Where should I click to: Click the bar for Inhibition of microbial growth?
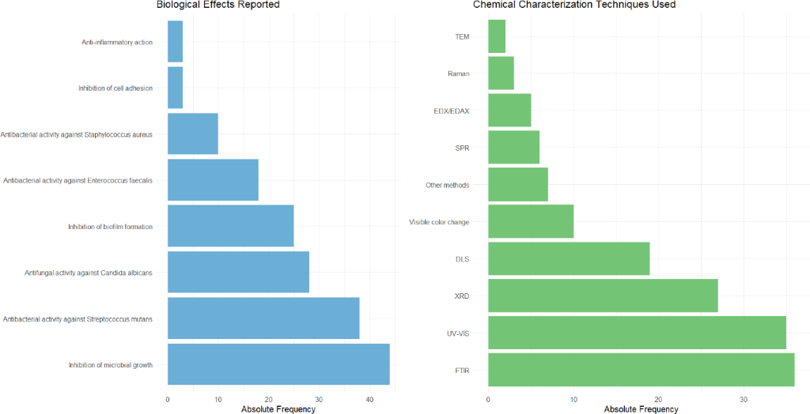tap(278, 364)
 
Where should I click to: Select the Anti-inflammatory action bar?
tap(175, 41)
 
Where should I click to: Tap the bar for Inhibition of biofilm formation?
tap(230, 226)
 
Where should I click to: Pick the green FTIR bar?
tap(641, 370)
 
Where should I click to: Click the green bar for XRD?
tap(603, 295)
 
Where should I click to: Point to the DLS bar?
tap(569, 258)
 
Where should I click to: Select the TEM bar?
tap(497, 36)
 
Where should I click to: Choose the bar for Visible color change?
tap(531, 222)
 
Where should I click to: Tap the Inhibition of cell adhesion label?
tap(115, 88)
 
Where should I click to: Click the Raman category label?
tap(458, 73)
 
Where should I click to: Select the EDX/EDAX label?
tap(451, 111)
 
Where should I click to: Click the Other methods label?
tap(448, 185)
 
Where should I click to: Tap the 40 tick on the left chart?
tap(369, 398)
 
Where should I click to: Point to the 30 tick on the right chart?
tap(744, 398)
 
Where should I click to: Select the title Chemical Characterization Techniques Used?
tap(574, 6)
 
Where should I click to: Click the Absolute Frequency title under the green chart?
tap(641, 409)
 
